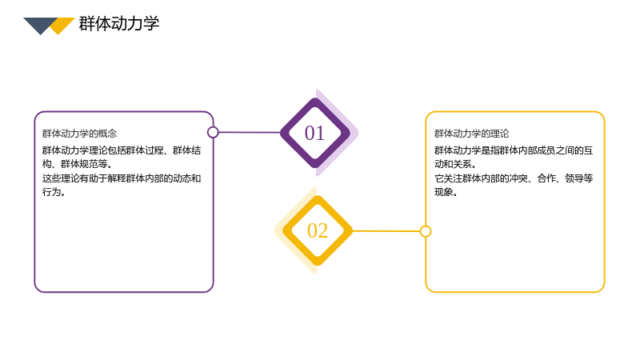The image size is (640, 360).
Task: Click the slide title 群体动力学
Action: [x=118, y=24]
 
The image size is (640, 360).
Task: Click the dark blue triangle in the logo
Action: [x=40, y=25]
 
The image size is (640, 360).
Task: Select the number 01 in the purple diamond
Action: [x=314, y=133]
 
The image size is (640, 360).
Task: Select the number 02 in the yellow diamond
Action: [x=318, y=230]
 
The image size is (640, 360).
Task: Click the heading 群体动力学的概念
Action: [x=79, y=134]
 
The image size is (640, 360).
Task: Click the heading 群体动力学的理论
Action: [x=471, y=134]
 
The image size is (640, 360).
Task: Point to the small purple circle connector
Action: [x=213, y=132]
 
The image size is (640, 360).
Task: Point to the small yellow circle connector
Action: [x=426, y=231]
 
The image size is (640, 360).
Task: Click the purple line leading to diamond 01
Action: [x=250, y=132]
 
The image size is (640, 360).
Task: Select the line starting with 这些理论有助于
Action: [x=122, y=178]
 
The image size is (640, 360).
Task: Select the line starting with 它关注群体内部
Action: [x=514, y=178]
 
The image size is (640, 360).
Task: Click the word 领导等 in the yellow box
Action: [x=578, y=178]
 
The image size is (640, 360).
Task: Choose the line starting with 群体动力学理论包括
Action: [x=122, y=150]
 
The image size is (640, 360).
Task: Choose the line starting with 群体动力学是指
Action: [x=514, y=150]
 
